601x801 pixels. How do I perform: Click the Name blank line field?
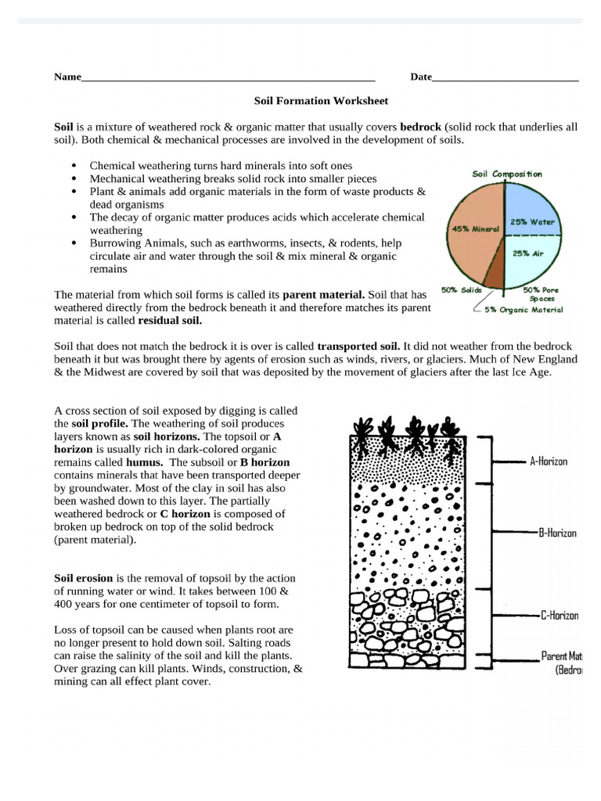coord(227,79)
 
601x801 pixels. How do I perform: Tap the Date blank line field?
coord(505,79)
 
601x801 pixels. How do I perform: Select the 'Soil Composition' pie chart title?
coord(506,174)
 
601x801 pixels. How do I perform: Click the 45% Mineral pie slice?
coord(469,231)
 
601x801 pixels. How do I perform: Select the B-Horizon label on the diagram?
coord(556,533)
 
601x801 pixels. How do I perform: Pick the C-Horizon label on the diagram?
coord(559,616)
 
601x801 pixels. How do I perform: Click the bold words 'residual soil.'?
coord(170,321)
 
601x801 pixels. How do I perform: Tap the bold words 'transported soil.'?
coord(358,346)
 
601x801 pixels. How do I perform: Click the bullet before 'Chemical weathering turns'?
coord(74,167)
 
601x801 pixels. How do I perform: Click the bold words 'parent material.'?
coord(322,295)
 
